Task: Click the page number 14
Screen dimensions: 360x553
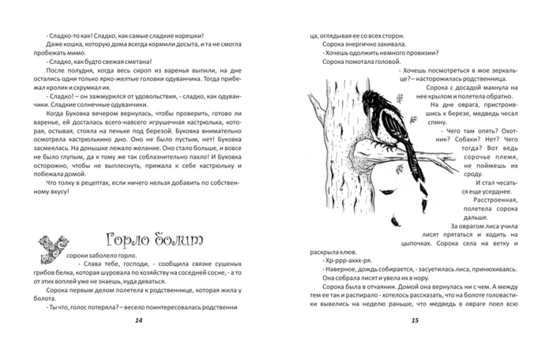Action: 139,320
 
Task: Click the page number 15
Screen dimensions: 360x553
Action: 414,320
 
